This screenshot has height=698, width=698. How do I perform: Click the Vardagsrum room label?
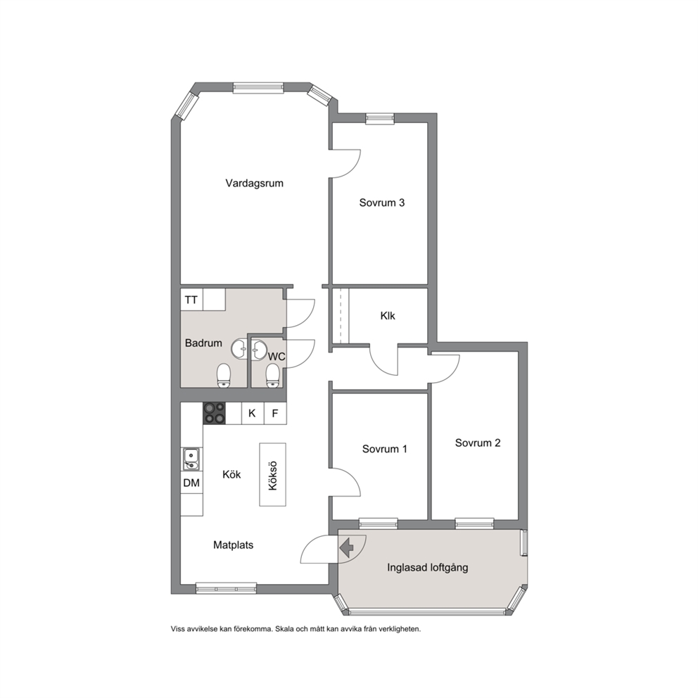(x=254, y=183)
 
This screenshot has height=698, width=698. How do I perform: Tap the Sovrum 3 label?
(x=381, y=203)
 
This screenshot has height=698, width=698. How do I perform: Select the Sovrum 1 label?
(x=384, y=449)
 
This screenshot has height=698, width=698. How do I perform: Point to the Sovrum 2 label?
(x=477, y=443)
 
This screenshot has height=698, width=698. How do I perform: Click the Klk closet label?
(x=387, y=316)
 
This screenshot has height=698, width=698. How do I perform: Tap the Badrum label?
(x=203, y=343)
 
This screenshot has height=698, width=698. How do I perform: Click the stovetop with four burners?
(x=214, y=413)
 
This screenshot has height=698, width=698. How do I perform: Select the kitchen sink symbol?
(x=191, y=459)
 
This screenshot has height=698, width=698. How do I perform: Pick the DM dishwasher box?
(x=191, y=483)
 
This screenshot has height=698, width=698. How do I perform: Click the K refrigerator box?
(x=253, y=413)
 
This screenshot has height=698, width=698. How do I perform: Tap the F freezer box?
(x=275, y=413)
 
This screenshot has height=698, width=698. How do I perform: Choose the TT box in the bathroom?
(x=191, y=300)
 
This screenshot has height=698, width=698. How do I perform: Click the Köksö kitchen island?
(x=272, y=474)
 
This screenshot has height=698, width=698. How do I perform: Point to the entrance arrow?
(x=346, y=547)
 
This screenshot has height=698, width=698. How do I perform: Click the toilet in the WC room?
(x=272, y=376)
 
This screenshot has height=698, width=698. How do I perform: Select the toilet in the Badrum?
(x=224, y=375)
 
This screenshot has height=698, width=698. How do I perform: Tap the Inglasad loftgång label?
(x=427, y=568)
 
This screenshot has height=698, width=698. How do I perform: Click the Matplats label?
(x=234, y=545)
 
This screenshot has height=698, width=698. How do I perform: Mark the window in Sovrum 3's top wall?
(x=380, y=118)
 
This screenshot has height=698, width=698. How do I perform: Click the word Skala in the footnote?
(x=284, y=629)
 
